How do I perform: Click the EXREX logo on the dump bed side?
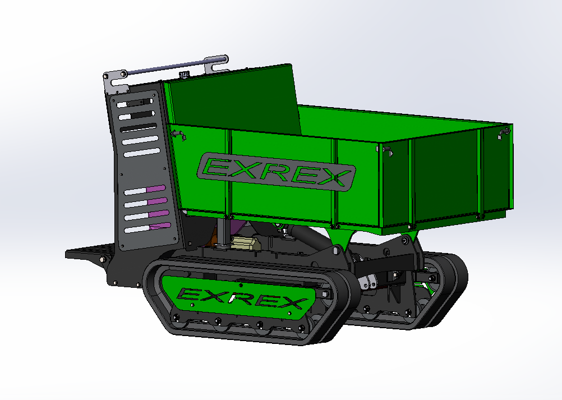[276, 172]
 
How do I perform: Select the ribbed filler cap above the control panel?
[184, 75]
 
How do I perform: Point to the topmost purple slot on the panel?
[155, 188]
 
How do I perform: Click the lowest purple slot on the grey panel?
[160, 226]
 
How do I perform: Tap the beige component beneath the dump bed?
[246, 242]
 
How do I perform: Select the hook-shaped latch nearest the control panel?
[178, 134]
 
